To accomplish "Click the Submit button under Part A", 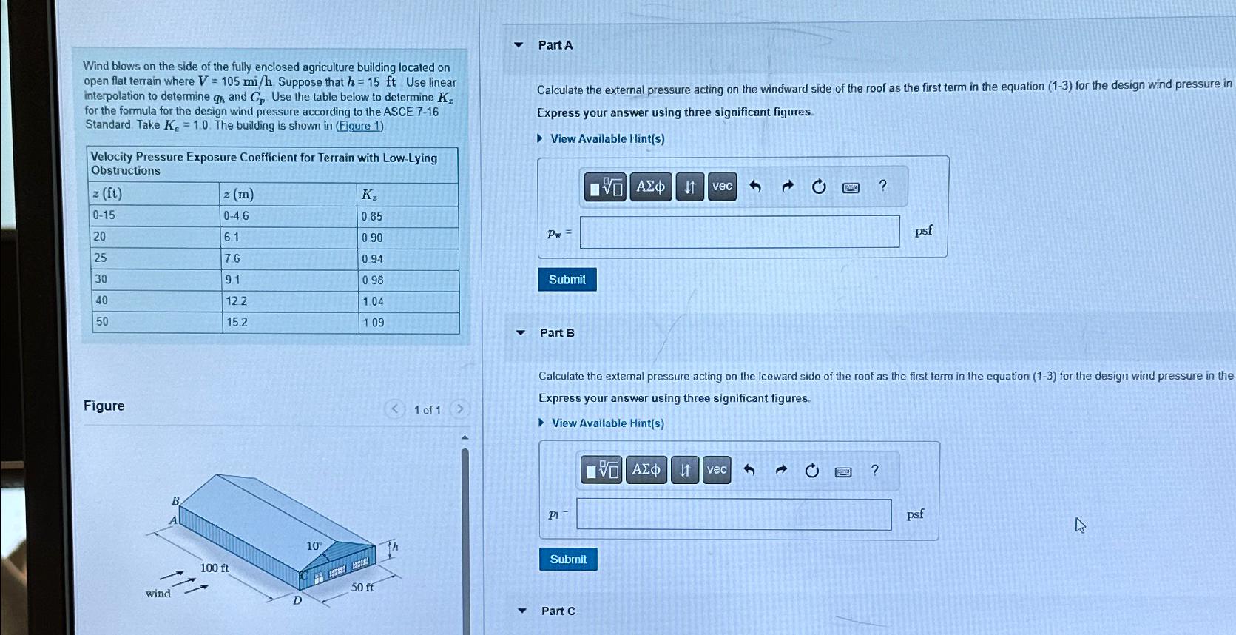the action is point(567,280).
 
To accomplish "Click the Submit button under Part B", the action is point(568,559).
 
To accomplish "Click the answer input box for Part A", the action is point(740,232).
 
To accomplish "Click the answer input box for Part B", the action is point(734,514).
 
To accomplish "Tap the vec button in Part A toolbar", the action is point(722,187).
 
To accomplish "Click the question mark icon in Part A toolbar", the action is point(882,186).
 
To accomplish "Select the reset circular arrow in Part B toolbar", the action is point(811,471).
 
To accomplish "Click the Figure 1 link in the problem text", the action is point(359,125).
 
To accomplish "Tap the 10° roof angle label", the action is point(314,546).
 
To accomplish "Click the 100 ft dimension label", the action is point(214,568).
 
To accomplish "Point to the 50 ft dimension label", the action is point(362,588).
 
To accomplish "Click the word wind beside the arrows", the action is point(158,594).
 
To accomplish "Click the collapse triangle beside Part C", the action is point(522,611).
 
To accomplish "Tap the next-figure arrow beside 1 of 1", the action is point(459,409).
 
